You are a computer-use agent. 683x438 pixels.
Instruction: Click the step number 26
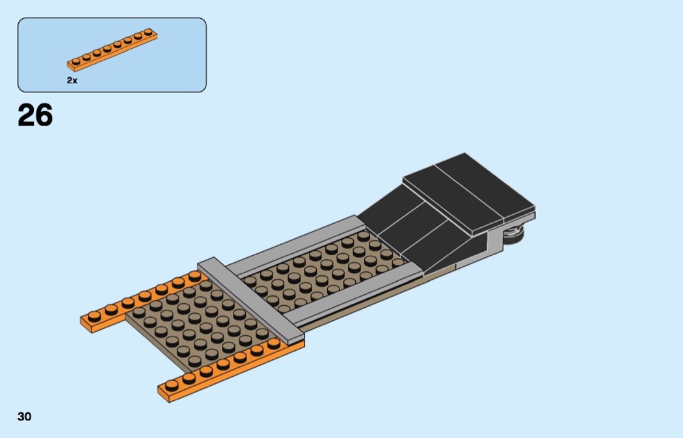point(35,115)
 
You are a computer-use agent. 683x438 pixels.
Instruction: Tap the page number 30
point(25,417)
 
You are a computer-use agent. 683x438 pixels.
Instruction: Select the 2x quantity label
point(72,80)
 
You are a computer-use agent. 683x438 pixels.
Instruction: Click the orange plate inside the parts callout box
point(112,49)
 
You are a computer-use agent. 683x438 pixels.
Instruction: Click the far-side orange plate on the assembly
point(142,301)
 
